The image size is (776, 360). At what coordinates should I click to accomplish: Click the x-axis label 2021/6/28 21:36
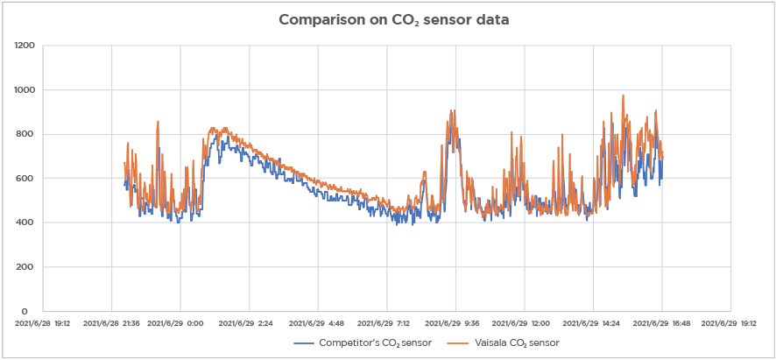[x=112, y=323]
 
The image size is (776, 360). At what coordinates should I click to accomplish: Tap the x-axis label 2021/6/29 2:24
[x=250, y=323]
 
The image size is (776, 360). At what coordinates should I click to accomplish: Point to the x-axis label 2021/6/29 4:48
[x=318, y=323]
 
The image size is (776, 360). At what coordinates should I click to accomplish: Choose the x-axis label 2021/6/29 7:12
[x=386, y=323]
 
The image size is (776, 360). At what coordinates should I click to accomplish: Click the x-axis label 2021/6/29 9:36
[x=455, y=323]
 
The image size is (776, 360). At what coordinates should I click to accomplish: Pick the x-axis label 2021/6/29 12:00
[x=524, y=323]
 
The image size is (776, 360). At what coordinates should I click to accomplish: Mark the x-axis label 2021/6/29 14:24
[x=592, y=323]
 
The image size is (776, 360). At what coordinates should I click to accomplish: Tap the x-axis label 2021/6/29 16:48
[x=661, y=323]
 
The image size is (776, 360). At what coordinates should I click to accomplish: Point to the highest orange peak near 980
[x=623, y=95]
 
